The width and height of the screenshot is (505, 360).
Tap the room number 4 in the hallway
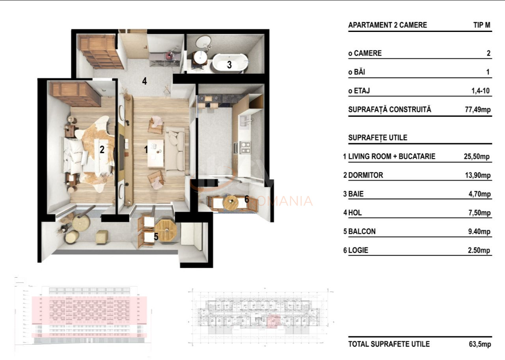click(x=145, y=81)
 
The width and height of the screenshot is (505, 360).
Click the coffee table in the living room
click(x=155, y=153)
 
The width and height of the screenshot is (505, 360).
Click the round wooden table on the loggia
click(x=231, y=202)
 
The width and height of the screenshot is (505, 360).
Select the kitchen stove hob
click(x=246, y=147)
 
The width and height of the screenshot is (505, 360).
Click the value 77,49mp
click(x=478, y=110)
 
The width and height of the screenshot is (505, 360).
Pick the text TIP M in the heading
click(x=482, y=25)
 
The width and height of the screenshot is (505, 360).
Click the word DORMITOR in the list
click(x=365, y=175)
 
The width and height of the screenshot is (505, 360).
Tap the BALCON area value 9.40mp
click(x=478, y=231)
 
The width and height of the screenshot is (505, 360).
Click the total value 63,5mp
click(x=480, y=344)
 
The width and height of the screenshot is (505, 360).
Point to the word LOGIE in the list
click(x=358, y=250)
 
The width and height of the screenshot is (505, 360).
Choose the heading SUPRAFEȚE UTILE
click(x=378, y=138)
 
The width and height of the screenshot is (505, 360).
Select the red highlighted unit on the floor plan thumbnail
click(x=273, y=321)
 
